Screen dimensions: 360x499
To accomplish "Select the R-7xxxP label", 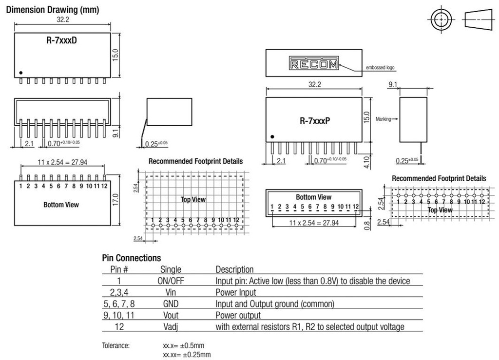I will [315, 121].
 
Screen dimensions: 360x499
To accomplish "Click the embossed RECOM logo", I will [314, 64].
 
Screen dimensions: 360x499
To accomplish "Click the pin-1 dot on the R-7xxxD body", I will [21, 73].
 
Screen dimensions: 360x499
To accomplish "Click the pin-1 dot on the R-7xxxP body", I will [272, 137].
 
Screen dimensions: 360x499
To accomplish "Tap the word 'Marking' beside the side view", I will [384, 119].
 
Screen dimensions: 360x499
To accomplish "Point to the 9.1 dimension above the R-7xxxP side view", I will [393, 85].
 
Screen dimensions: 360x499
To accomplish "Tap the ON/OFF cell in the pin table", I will [171, 281].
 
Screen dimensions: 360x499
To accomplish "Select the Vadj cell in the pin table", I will [171, 327].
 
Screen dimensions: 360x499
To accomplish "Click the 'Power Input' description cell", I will [236, 292].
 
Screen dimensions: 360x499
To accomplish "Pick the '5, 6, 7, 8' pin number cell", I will [119, 304].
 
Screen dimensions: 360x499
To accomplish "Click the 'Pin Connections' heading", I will [131, 258].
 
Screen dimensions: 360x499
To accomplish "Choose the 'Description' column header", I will [234, 269].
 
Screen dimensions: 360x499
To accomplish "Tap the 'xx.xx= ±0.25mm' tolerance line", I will [187, 355].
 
